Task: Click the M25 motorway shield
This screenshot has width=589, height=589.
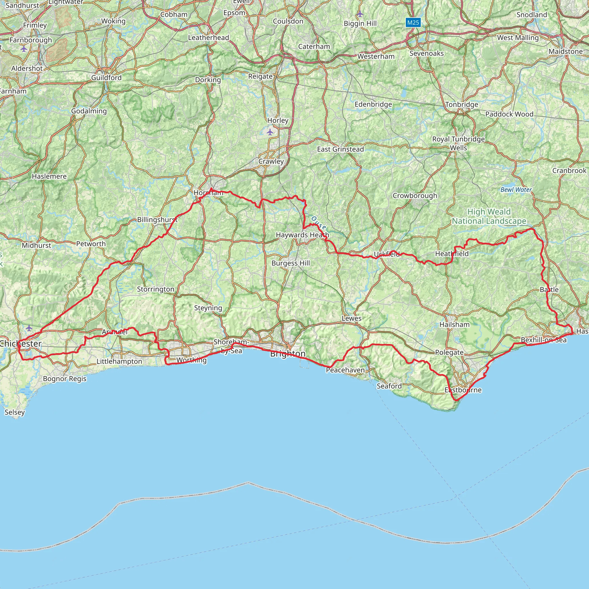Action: tap(413, 22)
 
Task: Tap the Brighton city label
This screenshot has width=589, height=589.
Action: tap(288, 354)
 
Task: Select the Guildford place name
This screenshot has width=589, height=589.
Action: tap(106, 78)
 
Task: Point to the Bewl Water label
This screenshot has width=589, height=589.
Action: tap(516, 190)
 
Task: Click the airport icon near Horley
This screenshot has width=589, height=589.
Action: tap(270, 132)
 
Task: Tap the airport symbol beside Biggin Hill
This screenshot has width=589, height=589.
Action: tap(360, 14)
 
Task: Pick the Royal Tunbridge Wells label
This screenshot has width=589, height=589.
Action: tap(458, 143)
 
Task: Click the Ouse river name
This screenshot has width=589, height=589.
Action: tap(319, 223)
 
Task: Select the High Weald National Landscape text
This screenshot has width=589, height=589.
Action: tap(489, 216)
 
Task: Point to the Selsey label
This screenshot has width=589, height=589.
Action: tap(15, 412)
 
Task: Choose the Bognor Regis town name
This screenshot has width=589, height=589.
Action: tap(65, 379)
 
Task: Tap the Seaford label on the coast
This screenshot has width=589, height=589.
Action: tap(389, 386)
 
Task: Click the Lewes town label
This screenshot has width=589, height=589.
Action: tap(351, 318)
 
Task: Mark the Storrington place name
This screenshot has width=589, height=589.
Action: tap(156, 289)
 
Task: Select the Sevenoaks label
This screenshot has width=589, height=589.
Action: tap(427, 53)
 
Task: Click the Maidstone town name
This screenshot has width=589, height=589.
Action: tap(565, 51)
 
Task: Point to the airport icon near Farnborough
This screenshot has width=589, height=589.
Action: tap(24, 49)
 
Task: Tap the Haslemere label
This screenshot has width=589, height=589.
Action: tap(49, 176)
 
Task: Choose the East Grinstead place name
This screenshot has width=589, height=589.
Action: tap(341, 149)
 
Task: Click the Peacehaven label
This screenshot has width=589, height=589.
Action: tap(345, 370)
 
